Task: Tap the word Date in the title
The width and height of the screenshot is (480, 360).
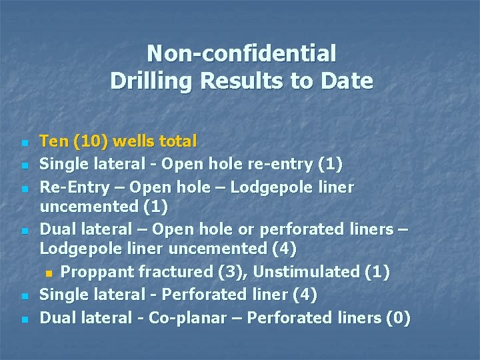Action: (347, 81)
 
